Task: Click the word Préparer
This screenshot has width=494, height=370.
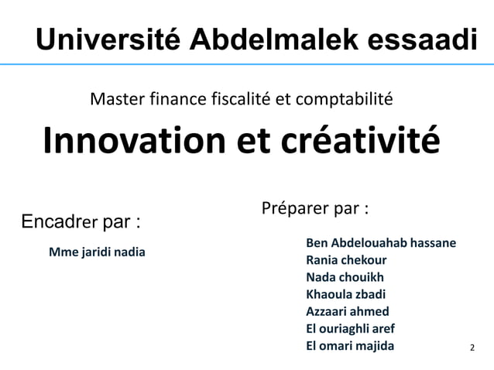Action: tap(291, 209)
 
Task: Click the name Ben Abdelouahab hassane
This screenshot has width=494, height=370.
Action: tap(380, 243)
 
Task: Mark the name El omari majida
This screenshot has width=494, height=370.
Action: tap(350, 345)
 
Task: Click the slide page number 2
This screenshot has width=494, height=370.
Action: tap(474, 348)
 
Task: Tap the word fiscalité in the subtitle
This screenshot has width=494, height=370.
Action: tap(233, 99)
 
